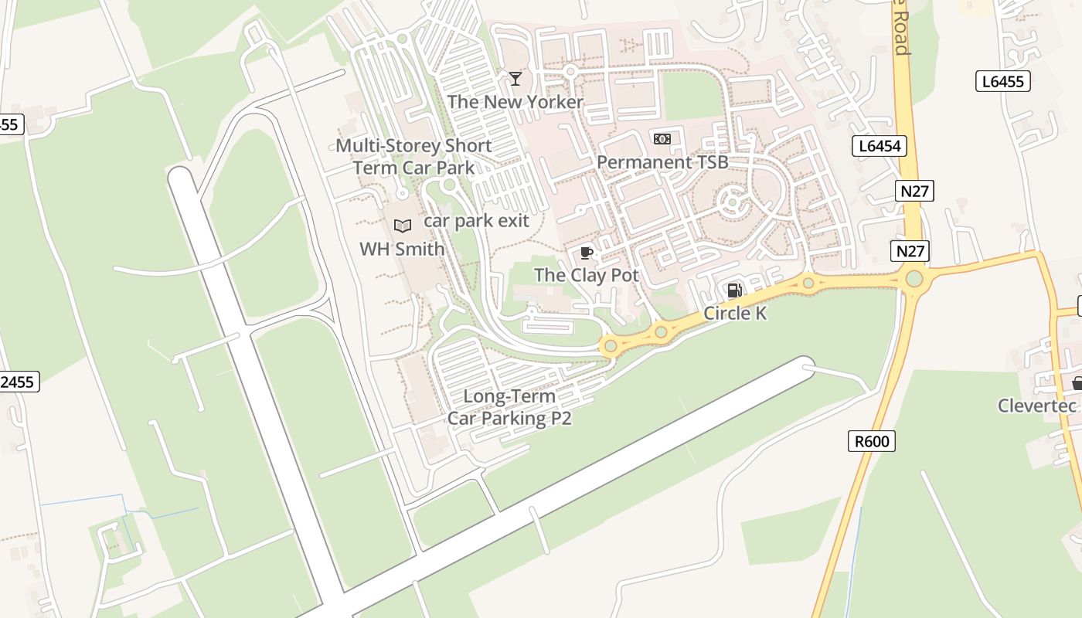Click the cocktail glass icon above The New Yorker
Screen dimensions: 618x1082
515,78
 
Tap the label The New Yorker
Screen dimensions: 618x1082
515,102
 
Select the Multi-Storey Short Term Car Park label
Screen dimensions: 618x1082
413,157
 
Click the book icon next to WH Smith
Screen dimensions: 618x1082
402,226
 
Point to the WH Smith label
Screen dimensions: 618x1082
402,250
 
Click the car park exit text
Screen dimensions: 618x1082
476,221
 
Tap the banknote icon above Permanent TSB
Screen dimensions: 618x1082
662,139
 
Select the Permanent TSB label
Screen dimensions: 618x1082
662,162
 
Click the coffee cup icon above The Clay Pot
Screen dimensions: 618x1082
587,253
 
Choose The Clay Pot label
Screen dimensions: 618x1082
587,275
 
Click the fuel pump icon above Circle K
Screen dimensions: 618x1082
734,290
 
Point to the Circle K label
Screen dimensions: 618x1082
735,314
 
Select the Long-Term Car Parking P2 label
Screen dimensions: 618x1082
509,408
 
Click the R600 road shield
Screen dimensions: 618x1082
873,442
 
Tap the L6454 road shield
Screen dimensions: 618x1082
879,146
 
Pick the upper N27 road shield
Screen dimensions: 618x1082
915,191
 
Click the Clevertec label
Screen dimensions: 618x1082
1037,406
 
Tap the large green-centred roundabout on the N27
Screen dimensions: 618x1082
914,279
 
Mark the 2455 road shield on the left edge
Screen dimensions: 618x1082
17,382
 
